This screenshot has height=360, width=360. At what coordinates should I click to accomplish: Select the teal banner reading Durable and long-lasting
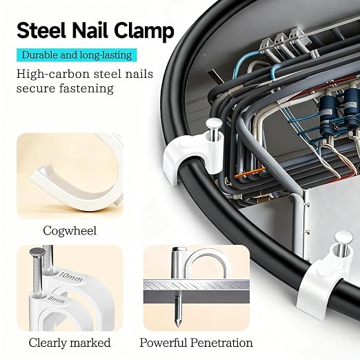pos(77,55)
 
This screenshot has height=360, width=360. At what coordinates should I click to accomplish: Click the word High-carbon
pos(52,74)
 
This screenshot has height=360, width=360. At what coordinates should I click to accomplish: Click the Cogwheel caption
pos(70,230)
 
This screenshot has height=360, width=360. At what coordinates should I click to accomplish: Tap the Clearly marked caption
pos(70,343)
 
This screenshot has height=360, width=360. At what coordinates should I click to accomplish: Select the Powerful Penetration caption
pos(196,343)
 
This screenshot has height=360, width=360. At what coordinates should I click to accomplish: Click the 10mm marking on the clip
pos(70,277)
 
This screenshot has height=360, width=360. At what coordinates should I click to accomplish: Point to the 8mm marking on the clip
pos(57,300)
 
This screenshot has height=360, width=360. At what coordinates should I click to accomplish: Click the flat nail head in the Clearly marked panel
pos(37,252)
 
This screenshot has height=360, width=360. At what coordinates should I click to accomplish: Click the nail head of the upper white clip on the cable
pos(214,124)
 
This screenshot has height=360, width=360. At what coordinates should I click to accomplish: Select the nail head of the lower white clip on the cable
pos(343,237)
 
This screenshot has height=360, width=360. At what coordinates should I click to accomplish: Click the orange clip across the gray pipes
pos(250,173)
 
